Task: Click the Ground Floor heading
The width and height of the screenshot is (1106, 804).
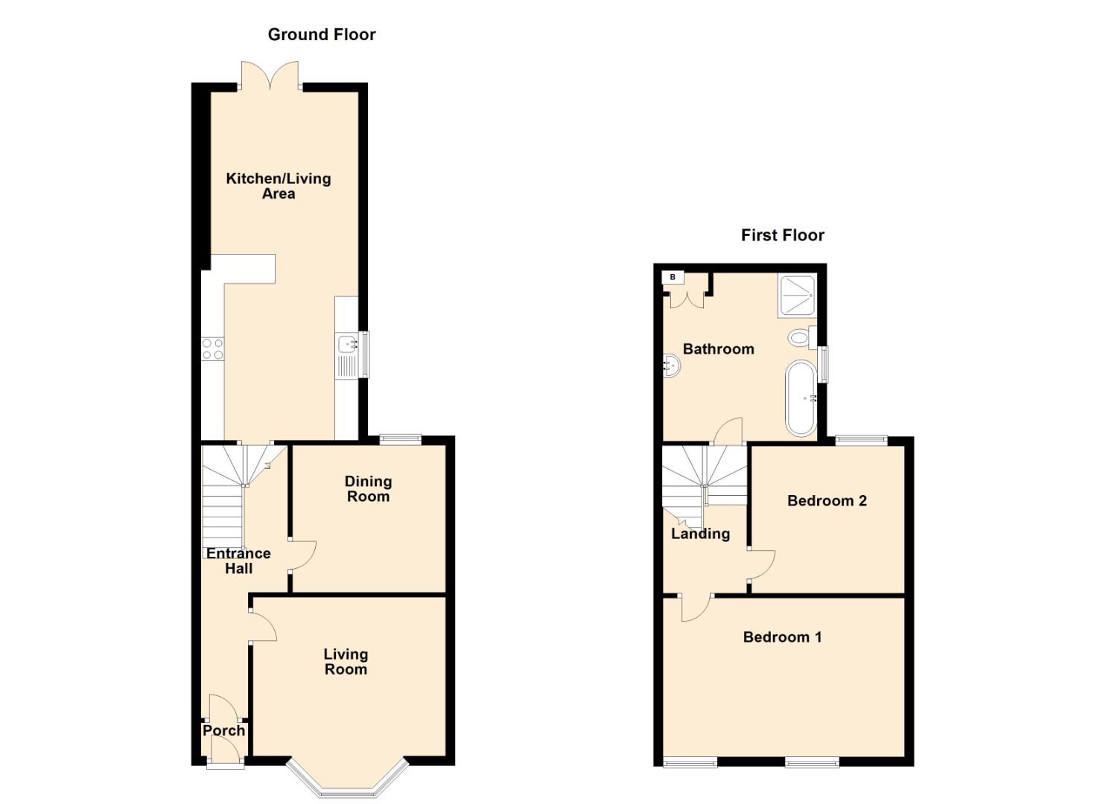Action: [x=322, y=34]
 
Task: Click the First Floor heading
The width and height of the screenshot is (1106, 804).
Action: [x=782, y=235]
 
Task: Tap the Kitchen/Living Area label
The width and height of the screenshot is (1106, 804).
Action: [x=279, y=186]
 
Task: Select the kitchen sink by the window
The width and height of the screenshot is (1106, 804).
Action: [x=347, y=345]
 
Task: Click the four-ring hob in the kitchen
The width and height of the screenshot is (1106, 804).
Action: [x=212, y=349]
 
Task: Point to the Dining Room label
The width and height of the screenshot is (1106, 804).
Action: [x=368, y=489]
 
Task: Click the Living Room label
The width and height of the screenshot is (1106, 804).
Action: [x=346, y=661]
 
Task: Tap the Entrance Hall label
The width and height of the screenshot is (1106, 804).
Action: [x=238, y=561]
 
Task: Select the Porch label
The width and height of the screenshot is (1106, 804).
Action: [x=223, y=730]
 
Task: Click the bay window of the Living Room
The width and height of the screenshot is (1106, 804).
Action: [x=348, y=782]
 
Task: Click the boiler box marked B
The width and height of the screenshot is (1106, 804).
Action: [x=673, y=278]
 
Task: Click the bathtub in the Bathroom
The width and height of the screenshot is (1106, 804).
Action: [x=801, y=398]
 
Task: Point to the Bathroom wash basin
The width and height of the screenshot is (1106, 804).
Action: [x=671, y=365]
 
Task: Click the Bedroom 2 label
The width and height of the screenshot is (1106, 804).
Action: [x=827, y=500]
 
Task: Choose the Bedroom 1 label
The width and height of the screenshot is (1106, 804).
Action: [x=782, y=636]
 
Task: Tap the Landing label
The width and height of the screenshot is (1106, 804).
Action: [x=700, y=534]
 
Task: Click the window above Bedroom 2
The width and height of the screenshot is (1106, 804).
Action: [x=861, y=440]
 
